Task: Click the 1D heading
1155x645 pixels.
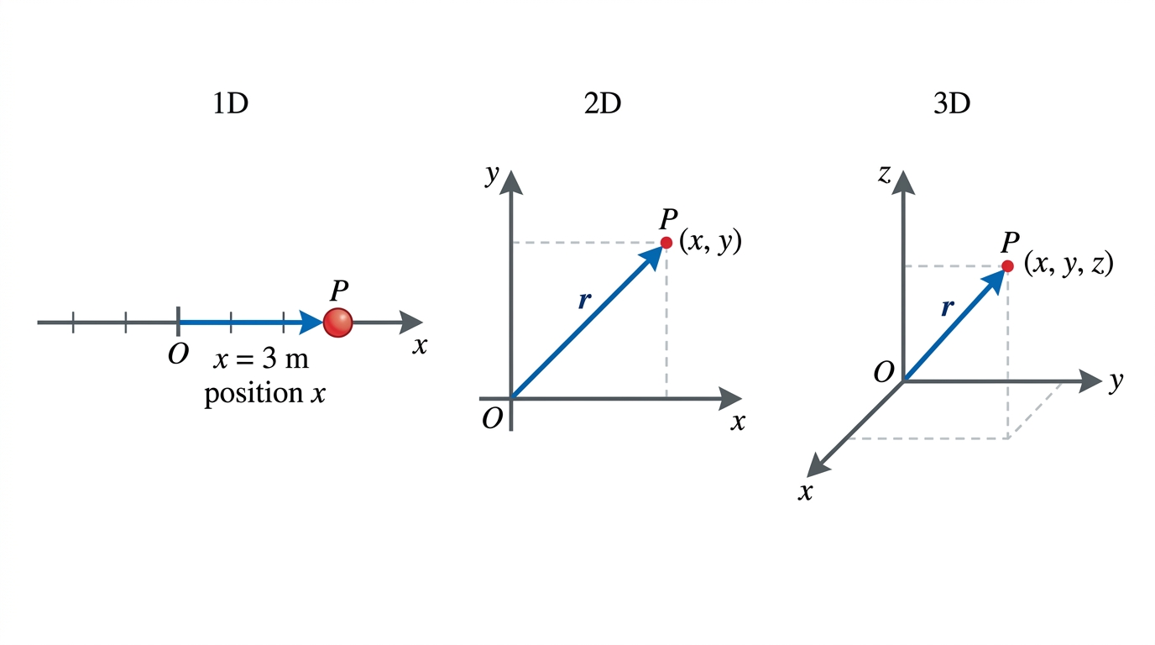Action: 231,103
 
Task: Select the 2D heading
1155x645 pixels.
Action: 602,103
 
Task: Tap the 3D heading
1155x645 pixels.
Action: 952,103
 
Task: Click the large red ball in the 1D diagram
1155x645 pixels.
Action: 337,322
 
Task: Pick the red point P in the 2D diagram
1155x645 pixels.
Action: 666,243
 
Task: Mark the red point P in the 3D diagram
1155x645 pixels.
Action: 1007,266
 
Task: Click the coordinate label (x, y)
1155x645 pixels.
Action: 710,242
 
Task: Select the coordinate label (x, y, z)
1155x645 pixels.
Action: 1069,265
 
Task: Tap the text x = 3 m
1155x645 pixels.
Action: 261,359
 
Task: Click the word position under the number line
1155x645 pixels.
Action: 253,394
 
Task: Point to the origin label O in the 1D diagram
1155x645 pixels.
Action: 179,354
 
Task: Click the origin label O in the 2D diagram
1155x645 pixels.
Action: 492,418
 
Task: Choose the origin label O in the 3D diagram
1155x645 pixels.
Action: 883,372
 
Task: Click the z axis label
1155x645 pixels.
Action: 885,175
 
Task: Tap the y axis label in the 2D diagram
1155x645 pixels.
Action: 493,176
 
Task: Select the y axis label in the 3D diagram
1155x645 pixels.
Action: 1116,382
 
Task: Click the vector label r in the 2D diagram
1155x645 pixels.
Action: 584,300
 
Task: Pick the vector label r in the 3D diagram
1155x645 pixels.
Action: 947,307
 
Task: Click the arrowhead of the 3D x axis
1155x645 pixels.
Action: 818,465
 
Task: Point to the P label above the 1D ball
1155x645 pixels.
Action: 339,291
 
